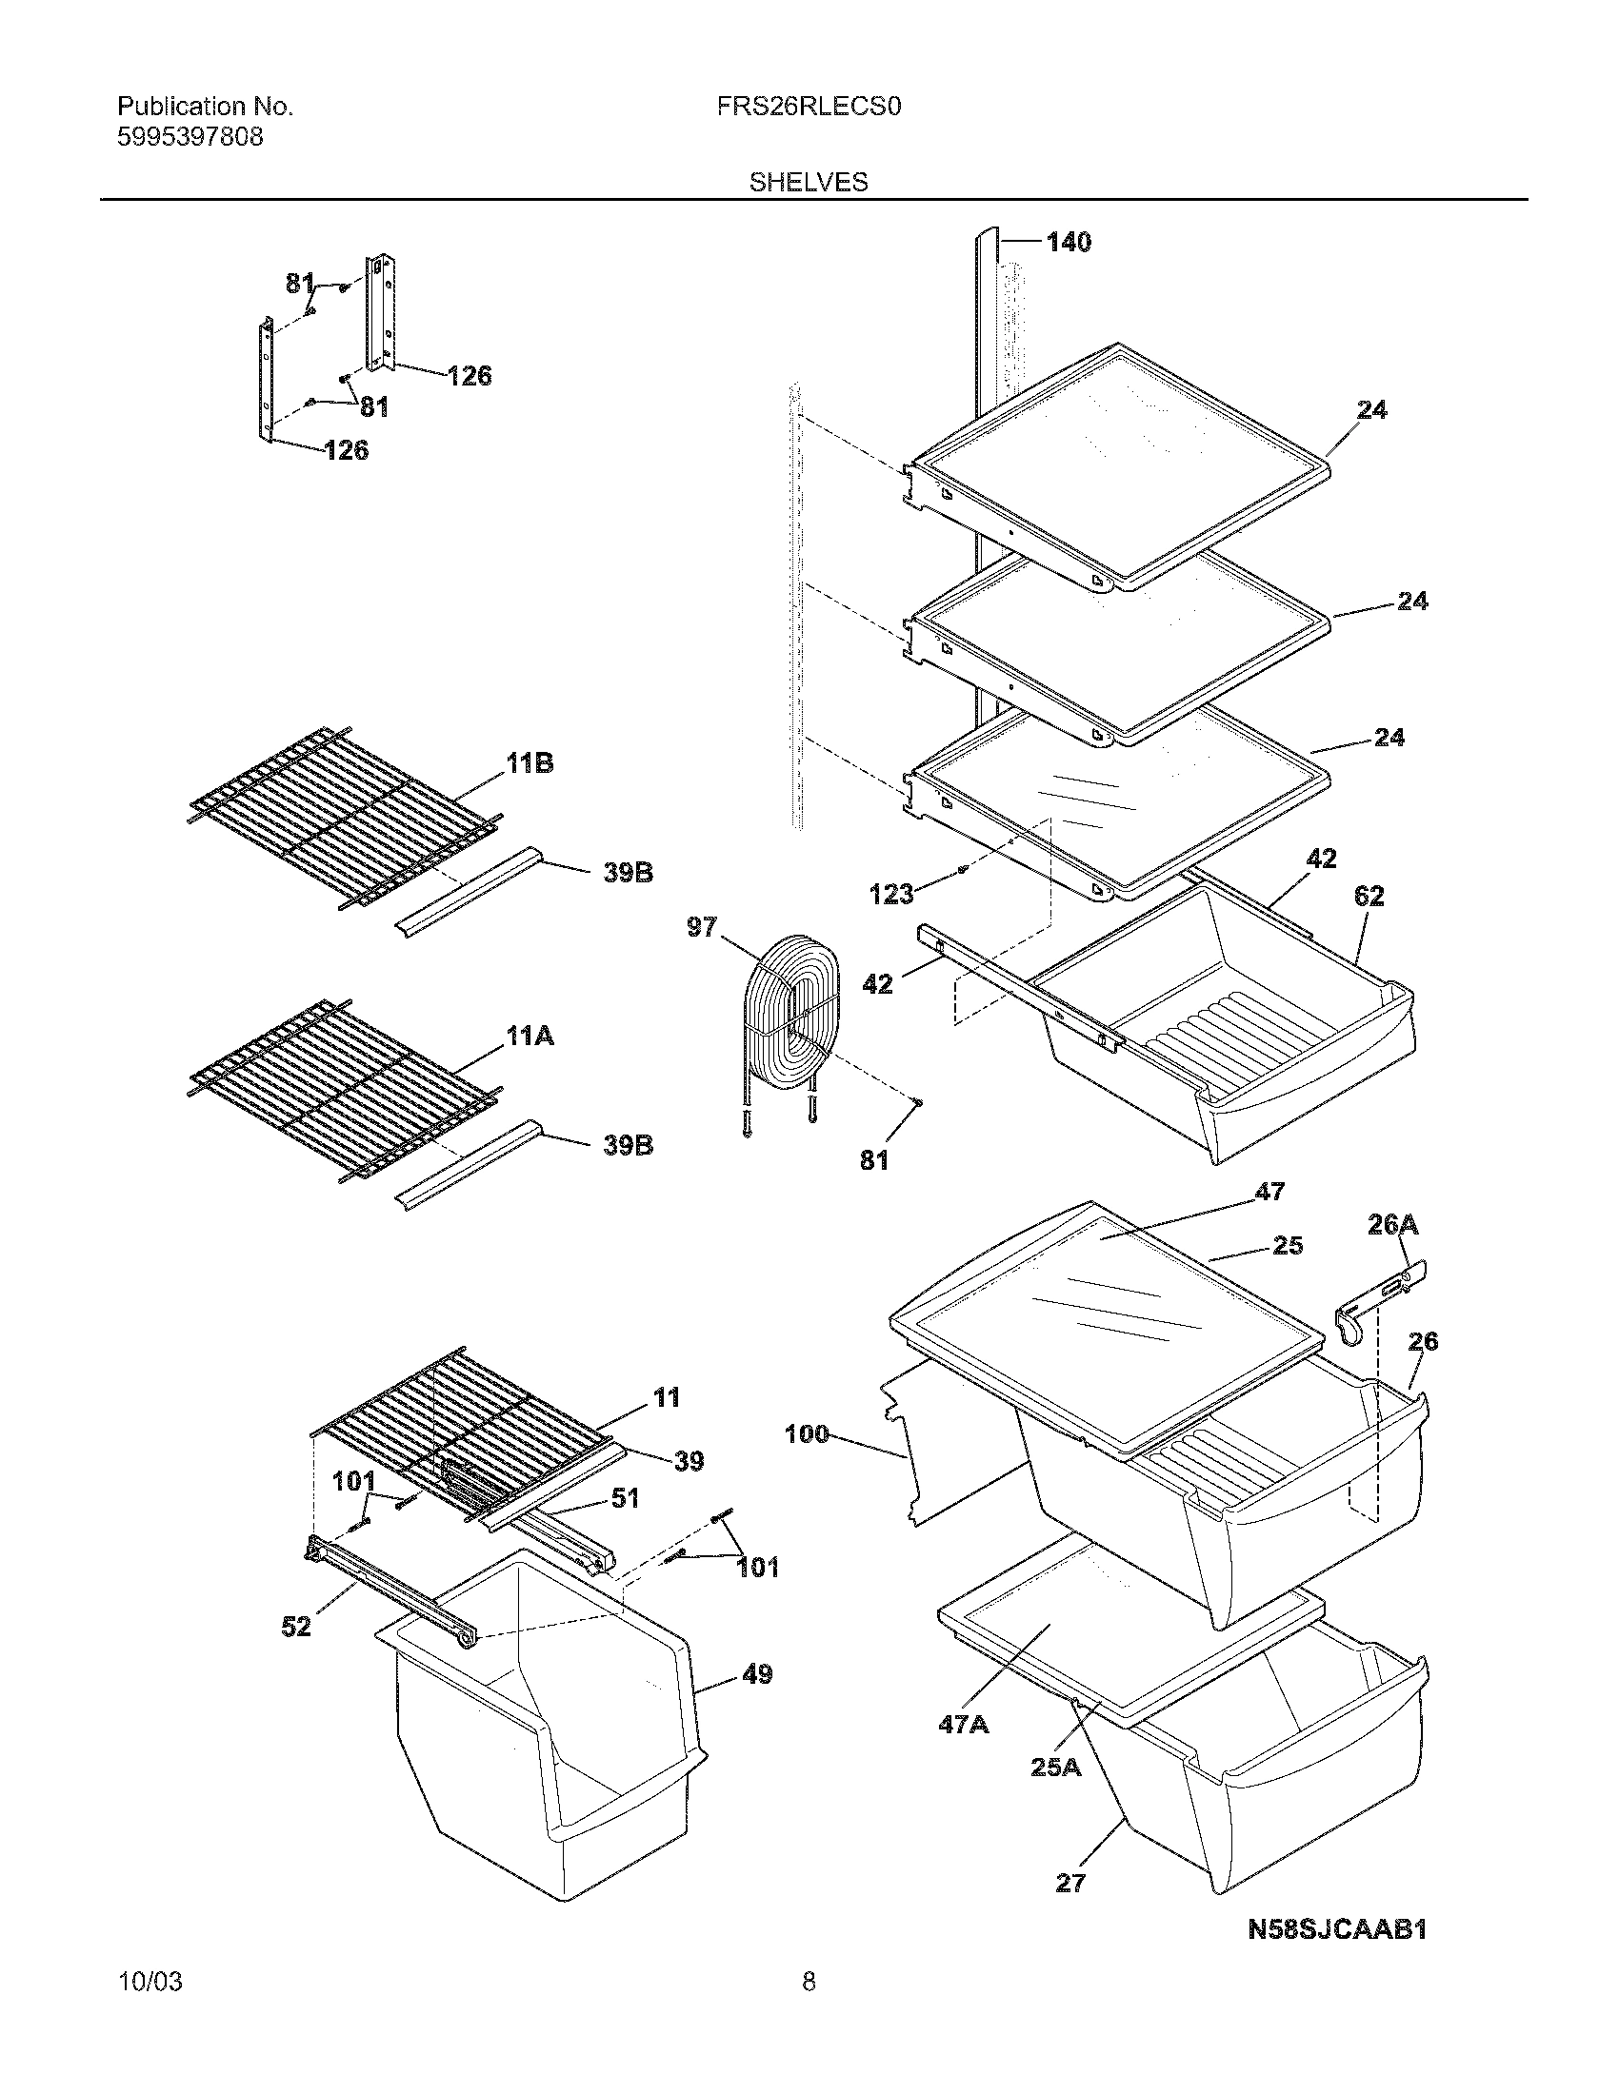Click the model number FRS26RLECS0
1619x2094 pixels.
[x=809, y=107]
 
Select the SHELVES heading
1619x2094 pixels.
[x=809, y=182]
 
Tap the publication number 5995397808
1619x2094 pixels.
[x=190, y=137]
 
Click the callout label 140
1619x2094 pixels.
[x=1069, y=243]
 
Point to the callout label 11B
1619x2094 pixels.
[x=530, y=764]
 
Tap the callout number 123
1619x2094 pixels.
[x=891, y=895]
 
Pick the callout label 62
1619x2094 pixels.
[x=1369, y=896]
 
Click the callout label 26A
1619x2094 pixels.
[x=1392, y=1224]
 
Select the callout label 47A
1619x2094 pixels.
[x=963, y=1724]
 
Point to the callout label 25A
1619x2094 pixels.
[x=1055, y=1766]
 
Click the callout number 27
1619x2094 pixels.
[x=1069, y=1883]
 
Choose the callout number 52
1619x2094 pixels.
[x=296, y=1626]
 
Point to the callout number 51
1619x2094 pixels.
[x=625, y=1497]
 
